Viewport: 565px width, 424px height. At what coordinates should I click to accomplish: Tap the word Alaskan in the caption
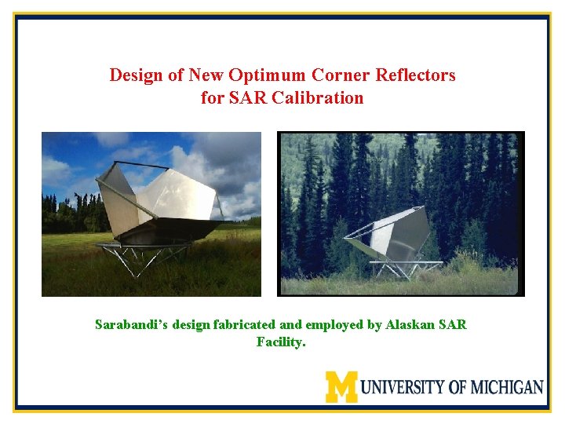(x=411, y=324)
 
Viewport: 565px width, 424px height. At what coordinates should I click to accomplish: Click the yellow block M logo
(x=341, y=386)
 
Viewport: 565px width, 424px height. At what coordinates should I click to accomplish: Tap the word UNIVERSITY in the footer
(x=403, y=387)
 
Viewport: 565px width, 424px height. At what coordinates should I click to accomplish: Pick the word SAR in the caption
(x=452, y=324)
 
